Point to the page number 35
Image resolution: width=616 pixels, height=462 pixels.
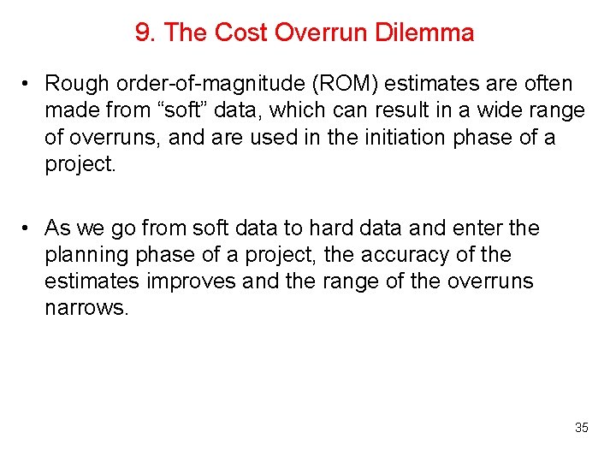(581, 428)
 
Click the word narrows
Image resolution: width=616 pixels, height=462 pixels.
(86, 308)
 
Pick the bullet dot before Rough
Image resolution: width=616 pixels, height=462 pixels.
(28, 84)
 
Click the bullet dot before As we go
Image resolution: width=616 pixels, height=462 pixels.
(28, 228)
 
